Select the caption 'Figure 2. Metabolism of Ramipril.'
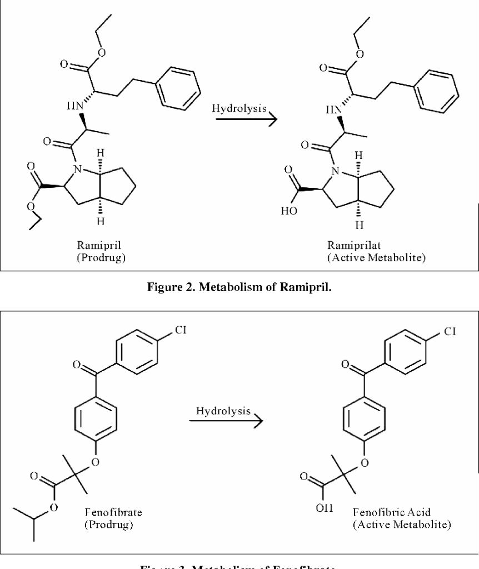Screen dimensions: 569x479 tap(239, 287)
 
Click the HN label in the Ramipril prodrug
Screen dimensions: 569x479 tap(74, 105)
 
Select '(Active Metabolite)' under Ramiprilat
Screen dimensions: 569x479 tap(377, 258)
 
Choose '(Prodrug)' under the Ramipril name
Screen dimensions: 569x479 tap(101, 258)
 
